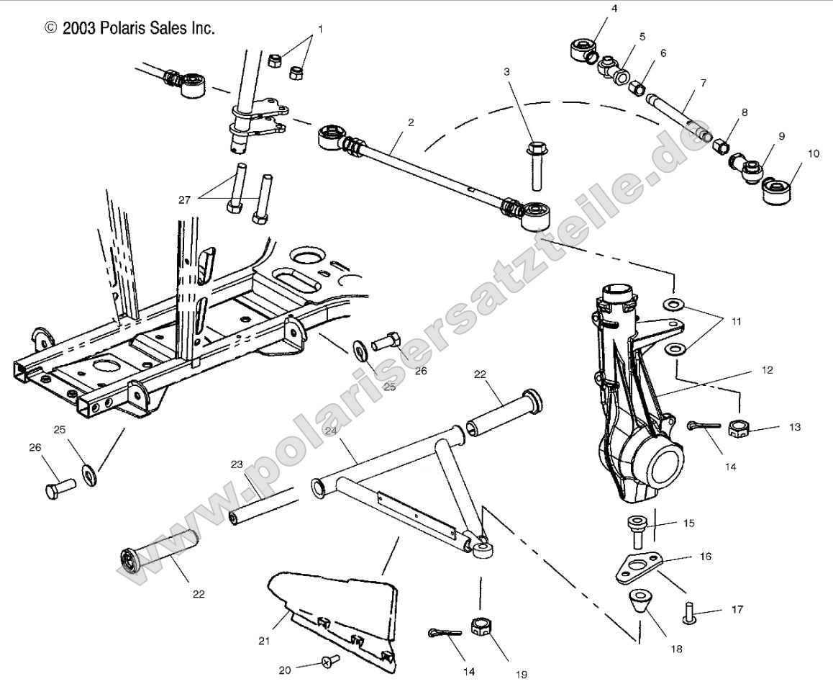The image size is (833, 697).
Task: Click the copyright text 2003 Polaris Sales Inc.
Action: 130,28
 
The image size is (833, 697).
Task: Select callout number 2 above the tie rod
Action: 411,122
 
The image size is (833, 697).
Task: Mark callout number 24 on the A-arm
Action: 330,431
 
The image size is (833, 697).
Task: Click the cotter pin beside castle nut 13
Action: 702,427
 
